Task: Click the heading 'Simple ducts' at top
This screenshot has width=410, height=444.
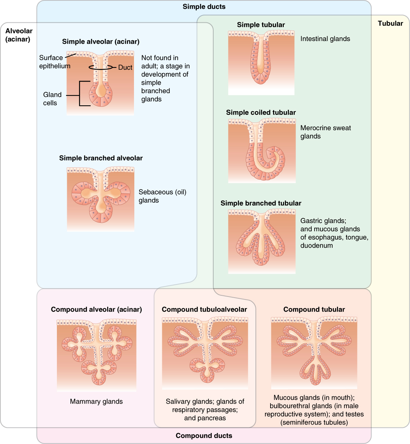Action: point(204,7)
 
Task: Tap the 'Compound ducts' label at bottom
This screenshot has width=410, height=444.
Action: point(204,436)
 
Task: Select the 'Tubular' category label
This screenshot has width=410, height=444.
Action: point(390,23)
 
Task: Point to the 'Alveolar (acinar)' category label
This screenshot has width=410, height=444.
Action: point(19,35)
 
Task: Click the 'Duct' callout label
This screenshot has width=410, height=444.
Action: point(125,68)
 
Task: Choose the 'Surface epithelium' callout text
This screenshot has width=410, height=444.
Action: point(54,62)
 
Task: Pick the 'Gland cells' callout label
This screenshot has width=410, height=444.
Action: point(52,99)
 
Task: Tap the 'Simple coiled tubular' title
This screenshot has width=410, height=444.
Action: point(261,113)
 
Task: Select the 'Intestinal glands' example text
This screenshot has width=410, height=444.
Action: point(325,39)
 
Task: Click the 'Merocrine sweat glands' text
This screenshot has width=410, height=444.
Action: point(325,132)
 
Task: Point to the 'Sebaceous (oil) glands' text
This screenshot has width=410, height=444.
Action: point(162,196)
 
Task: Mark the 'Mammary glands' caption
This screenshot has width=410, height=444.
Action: point(96,401)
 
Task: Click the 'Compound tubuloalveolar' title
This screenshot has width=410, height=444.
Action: point(204,310)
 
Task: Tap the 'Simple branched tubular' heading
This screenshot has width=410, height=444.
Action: point(261,203)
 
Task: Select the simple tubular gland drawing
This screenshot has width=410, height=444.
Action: point(261,61)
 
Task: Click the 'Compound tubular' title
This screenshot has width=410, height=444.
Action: point(314,310)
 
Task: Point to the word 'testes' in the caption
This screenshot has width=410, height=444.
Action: point(355,414)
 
